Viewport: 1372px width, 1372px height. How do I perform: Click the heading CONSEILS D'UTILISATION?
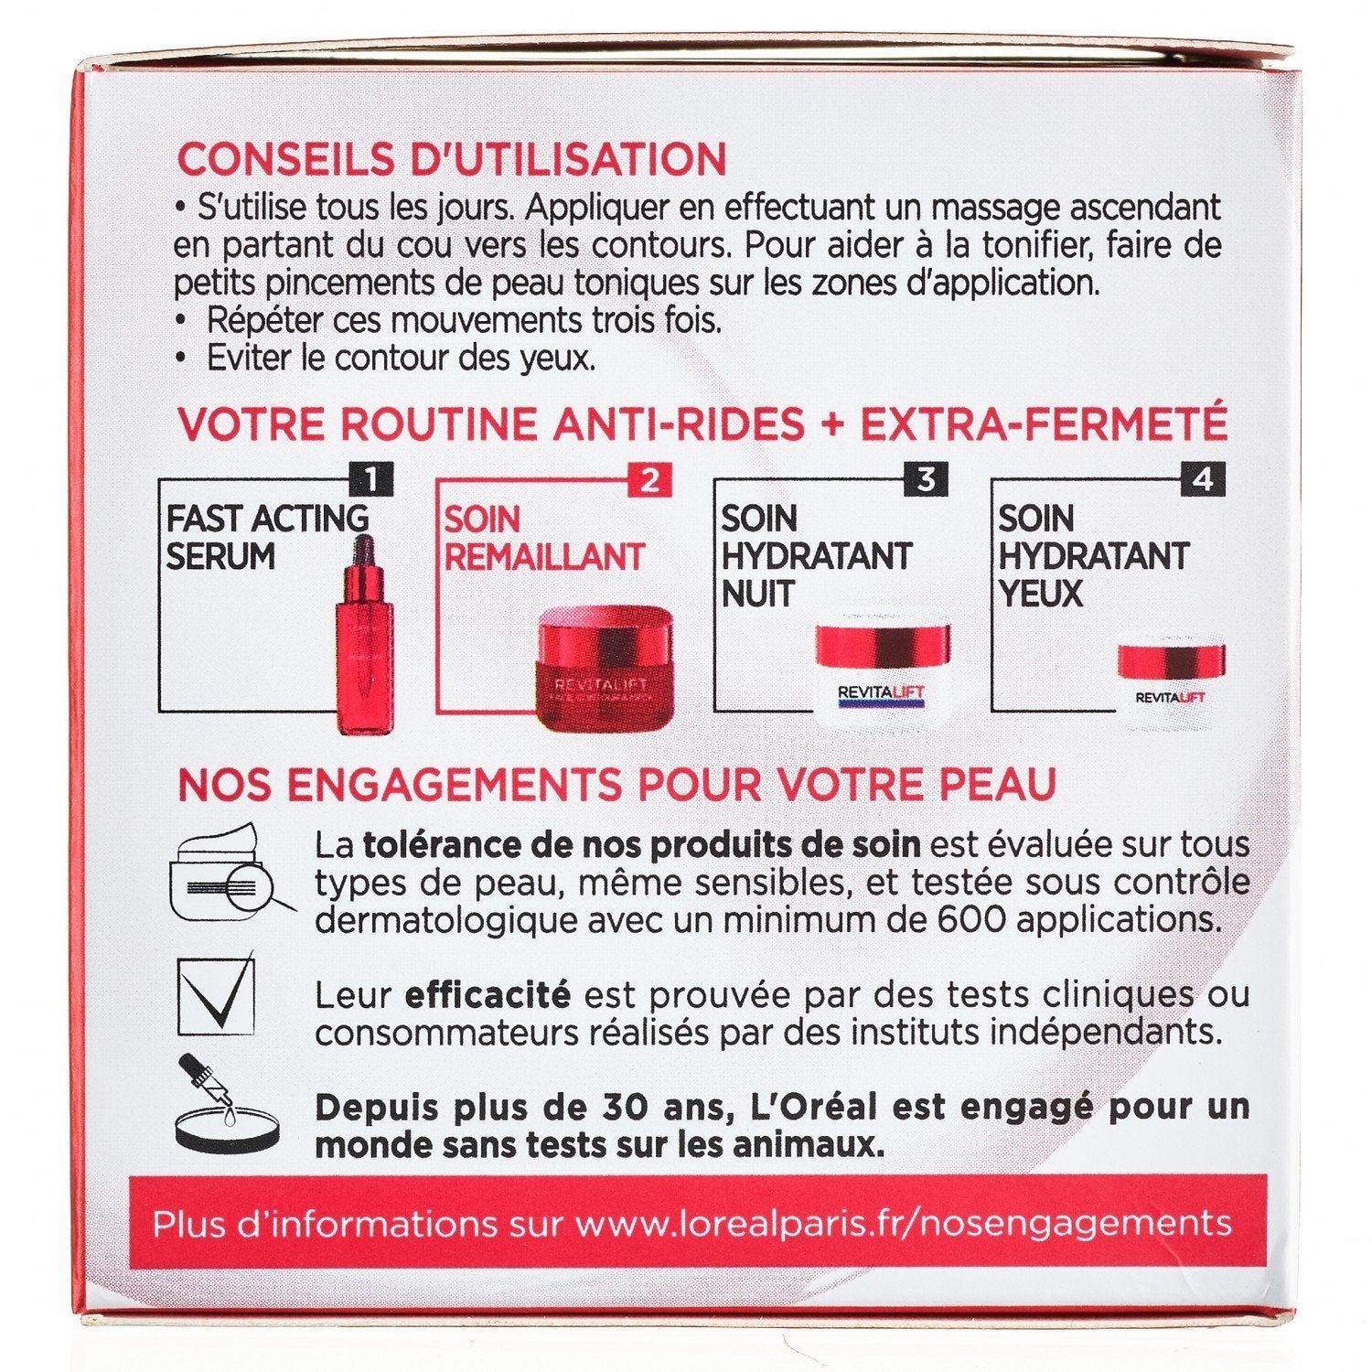pos(452,159)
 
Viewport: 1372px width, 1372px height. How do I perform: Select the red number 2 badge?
pos(649,479)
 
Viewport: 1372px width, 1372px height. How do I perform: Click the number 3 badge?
pos(927,479)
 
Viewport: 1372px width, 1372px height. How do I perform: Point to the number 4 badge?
pos(1203,479)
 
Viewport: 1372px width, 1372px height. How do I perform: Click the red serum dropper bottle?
pos(364,635)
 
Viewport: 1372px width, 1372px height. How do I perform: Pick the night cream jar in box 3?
pos(882,675)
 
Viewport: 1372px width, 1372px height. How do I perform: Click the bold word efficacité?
pos(488,994)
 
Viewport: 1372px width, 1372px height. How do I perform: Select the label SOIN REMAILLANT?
pos(544,538)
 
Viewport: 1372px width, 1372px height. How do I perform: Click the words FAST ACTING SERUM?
pos(267,537)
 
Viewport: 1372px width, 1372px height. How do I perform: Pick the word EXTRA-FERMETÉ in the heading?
pos(1044,424)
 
